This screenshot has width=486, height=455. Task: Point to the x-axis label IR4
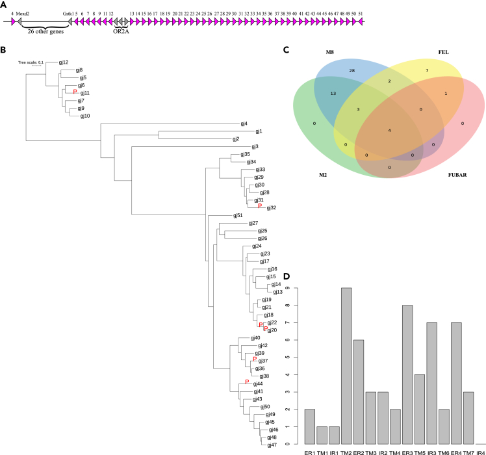coord(479,450)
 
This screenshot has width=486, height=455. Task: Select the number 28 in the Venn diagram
coord(351,69)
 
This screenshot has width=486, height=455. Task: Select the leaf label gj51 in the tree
coord(238,215)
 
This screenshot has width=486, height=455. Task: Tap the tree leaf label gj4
coord(244,123)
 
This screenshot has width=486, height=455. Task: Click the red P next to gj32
coord(260,207)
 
